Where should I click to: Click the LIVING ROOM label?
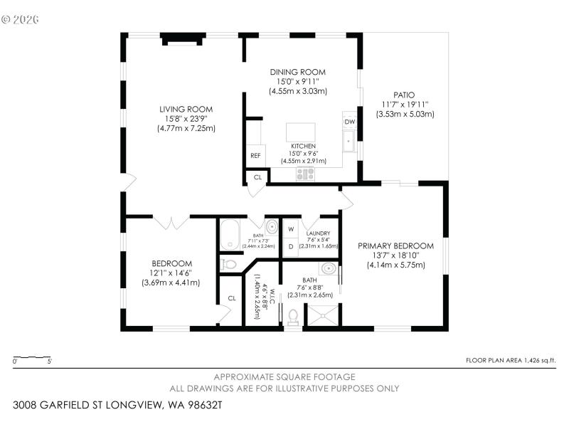186,110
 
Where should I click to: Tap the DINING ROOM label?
297,72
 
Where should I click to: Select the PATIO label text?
404,95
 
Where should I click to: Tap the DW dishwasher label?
349,122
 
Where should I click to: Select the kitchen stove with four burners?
305,173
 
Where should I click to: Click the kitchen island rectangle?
299,133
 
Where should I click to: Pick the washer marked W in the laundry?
291,229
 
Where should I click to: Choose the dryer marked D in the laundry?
291,246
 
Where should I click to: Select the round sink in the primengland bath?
328,269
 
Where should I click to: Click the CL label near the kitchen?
257,177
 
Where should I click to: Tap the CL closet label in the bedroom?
232,298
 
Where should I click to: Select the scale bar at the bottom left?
32,357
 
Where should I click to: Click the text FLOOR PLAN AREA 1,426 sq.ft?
510,361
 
